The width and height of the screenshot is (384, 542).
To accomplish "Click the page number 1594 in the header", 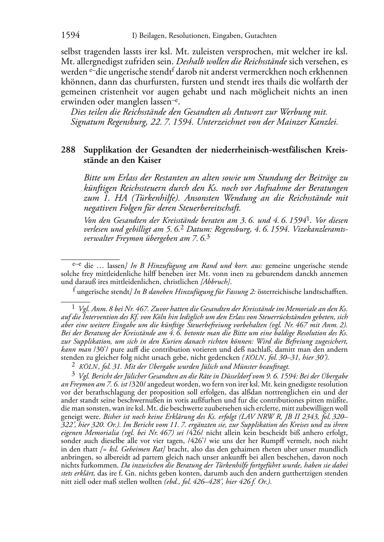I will point(70,36).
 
